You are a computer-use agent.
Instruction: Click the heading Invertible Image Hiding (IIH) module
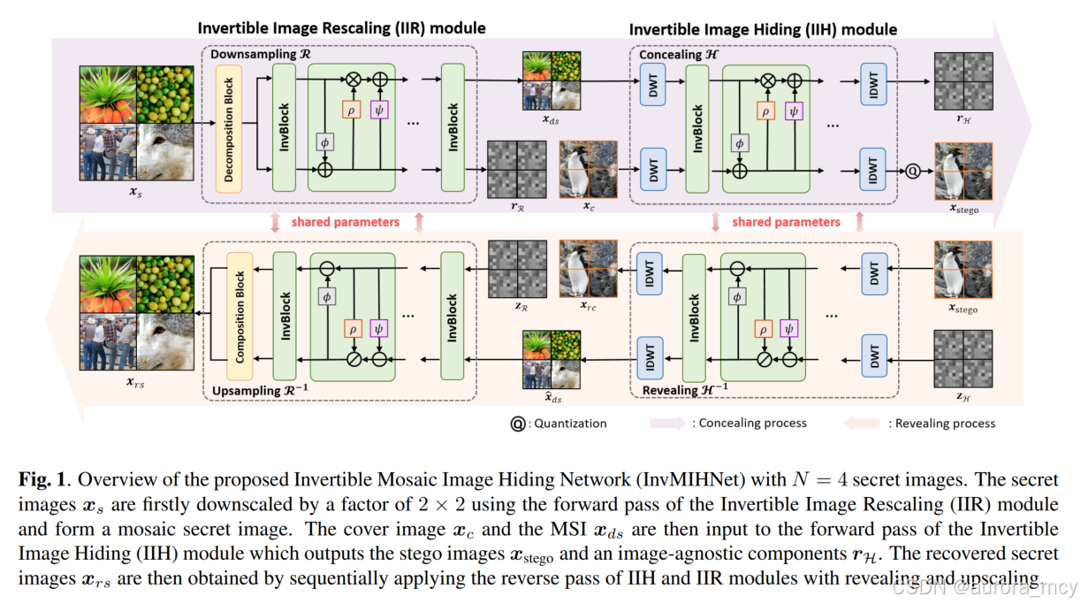pyautogui.click(x=763, y=29)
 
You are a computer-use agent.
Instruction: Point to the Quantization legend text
pyautogui.click(x=571, y=423)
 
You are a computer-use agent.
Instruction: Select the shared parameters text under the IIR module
pyautogui.click(x=346, y=222)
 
